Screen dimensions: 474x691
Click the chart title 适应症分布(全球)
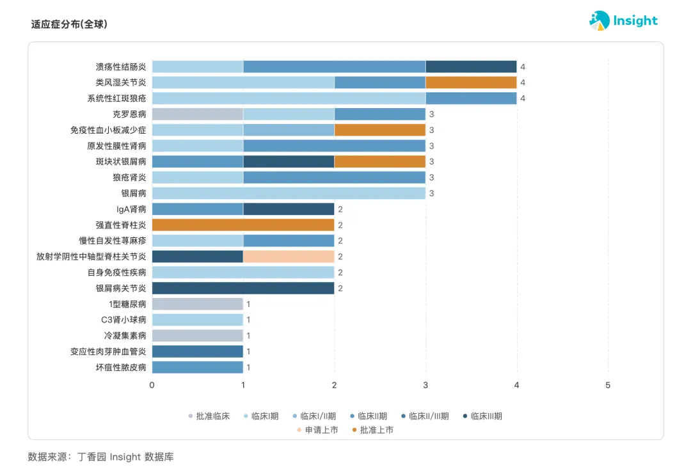(x=69, y=24)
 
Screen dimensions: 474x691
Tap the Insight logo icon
(x=600, y=20)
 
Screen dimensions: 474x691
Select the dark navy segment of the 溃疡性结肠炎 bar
(x=471, y=67)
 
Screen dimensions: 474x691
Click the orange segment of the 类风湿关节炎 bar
(x=471, y=83)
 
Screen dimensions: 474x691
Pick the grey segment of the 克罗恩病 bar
(x=198, y=114)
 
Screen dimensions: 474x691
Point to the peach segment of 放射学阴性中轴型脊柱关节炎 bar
(x=289, y=257)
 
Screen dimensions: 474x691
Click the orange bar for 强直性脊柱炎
(x=243, y=225)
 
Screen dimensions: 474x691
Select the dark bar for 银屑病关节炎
(x=243, y=288)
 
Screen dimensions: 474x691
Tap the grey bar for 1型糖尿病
(x=198, y=304)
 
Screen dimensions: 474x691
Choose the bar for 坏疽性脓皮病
(x=198, y=367)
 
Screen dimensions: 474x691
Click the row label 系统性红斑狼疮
(x=117, y=99)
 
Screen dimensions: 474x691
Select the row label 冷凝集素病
(x=125, y=336)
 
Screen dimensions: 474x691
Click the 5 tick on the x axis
(x=608, y=385)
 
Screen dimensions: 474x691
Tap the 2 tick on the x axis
(x=335, y=385)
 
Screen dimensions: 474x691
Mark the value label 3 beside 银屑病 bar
(x=431, y=193)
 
